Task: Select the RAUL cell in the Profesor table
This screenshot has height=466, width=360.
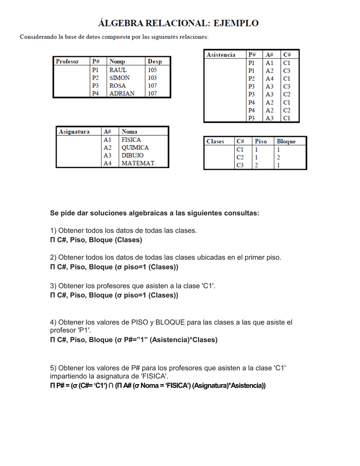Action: coord(118,70)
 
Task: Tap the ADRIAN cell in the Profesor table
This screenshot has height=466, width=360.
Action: coord(122,93)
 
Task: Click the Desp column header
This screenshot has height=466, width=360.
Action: coord(155,61)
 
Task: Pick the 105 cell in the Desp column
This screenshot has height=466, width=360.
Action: coord(152,70)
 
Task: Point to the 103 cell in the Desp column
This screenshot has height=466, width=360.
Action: coord(152,78)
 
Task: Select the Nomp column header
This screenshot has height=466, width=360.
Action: coord(117,61)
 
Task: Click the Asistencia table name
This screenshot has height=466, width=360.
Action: coord(221,55)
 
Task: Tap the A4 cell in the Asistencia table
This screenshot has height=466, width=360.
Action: coord(269,79)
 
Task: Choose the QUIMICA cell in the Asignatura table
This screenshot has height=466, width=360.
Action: coord(135,147)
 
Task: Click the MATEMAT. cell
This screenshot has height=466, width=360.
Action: coord(138,163)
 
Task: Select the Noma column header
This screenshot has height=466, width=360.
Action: coord(129,132)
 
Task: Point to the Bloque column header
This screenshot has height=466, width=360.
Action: coord(286,142)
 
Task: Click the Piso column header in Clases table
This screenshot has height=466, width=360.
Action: coord(261,142)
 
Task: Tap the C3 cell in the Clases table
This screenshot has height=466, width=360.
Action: coord(240,165)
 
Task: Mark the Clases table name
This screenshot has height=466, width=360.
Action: coord(215,142)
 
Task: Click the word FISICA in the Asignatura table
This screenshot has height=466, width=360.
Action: coord(131,140)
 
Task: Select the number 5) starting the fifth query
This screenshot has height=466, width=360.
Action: coord(53,368)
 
